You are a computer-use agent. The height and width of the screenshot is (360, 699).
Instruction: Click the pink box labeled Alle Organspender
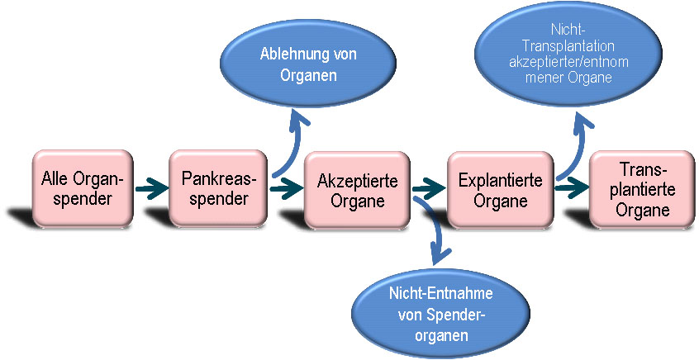[x=83, y=188]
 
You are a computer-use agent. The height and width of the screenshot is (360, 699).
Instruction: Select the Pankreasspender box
[x=219, y=188]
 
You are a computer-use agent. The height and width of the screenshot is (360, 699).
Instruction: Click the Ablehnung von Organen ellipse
[x=308, y=64]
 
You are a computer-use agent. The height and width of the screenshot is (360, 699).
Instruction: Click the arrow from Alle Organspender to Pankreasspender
[x=150, y=189]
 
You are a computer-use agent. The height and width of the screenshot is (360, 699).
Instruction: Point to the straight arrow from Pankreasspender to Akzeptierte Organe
[x=285, y=189]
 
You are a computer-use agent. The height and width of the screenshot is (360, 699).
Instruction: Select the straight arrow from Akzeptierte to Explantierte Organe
[x=426, y=189]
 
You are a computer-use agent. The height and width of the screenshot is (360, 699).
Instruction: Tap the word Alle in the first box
[x=56, y=180]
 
